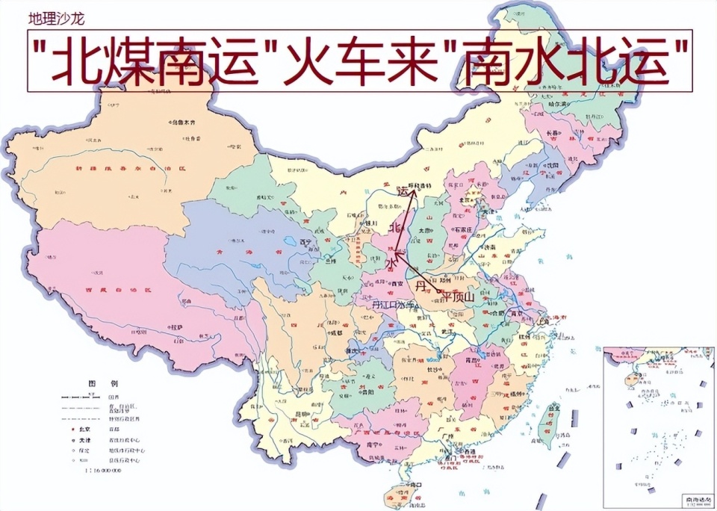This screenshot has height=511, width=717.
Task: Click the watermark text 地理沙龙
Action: [x=57, y=16]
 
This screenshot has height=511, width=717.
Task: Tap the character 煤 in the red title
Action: [x=139, y=61]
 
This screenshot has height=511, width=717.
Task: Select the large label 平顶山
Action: [x=458, y=297]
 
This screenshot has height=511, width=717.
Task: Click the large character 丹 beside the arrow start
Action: [x=423, y=285]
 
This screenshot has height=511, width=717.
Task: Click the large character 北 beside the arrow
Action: [x=397, y=227]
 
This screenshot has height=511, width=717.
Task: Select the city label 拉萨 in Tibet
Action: [x=176, y=327]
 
